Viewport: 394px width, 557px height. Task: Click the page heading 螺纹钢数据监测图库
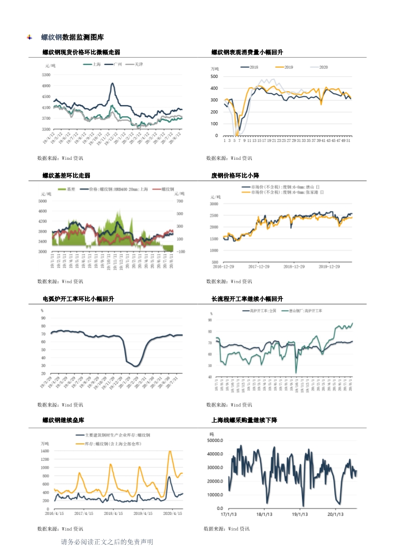pos(72,37)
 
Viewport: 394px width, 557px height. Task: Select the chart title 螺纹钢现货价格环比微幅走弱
pos(81,52)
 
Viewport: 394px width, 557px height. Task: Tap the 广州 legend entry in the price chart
pos(118,65)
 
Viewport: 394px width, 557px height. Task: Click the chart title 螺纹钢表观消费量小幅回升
pos(247,52)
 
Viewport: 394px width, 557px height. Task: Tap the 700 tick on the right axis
pos(180,201)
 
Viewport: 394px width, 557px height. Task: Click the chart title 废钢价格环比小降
pos(235,175)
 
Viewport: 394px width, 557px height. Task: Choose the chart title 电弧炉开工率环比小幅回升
pos(78,299)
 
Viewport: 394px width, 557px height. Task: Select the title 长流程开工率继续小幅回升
pos(247,299)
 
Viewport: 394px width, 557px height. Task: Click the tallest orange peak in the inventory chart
pos(170,451)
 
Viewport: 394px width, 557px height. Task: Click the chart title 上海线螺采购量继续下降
pos(244,420)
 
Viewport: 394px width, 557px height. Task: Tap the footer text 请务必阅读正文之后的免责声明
pos(107,542)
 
